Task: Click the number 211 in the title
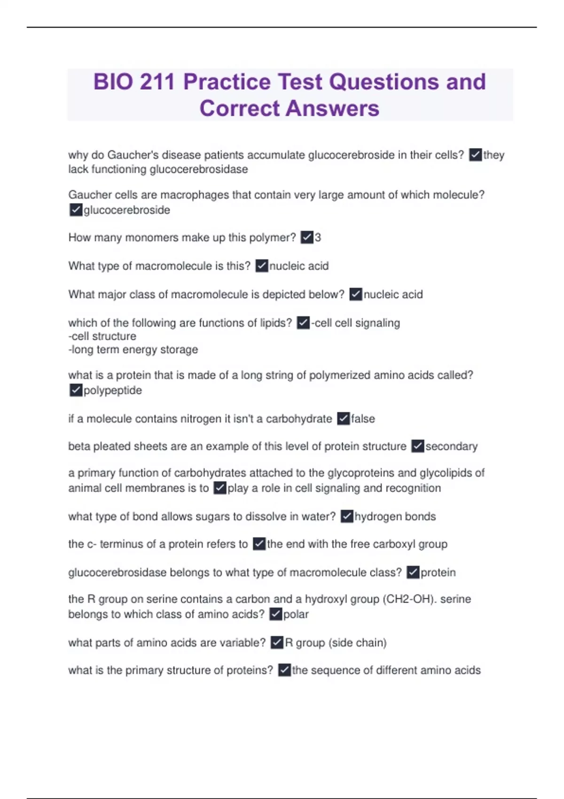[x=157, y=82]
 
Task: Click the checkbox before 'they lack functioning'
[x=475, y=155]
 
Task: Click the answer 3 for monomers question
[x=318, y=237]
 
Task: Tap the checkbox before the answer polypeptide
[x=76, y=390]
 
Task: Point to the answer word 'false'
[x=363, y=418]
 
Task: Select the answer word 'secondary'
[x=451, y=446]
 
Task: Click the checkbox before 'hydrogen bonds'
[x=347, y=516]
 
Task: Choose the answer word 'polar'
[x=296, y=614]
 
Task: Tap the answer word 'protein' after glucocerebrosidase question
[x=438, y=572]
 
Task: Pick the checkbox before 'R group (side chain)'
[x=277, y=642]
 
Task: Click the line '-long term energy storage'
[x=133, y=350]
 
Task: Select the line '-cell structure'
[x=102, y=336]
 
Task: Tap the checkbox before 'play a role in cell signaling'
[x=219, y=488]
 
